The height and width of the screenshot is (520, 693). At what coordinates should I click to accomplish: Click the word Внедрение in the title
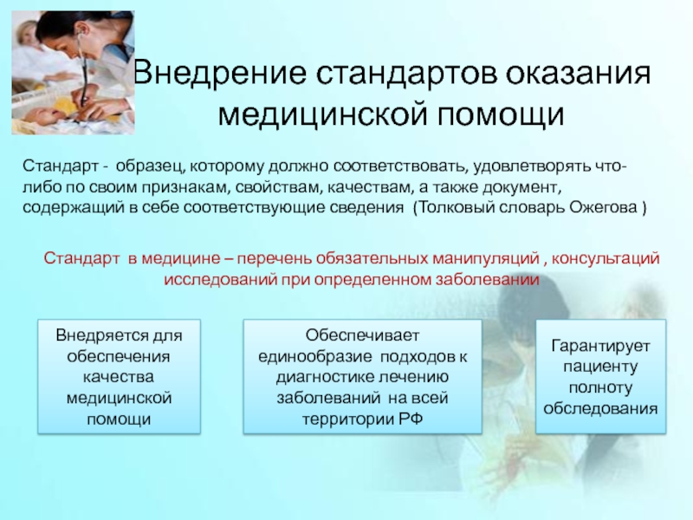(220, 73)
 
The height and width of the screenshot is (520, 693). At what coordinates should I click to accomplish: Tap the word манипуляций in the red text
(486, 258)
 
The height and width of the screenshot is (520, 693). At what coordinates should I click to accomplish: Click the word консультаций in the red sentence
(606, 258)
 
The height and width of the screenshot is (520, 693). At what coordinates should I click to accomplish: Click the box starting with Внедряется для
(119, 376)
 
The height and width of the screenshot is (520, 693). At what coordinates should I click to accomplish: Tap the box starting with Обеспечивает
(362, 376)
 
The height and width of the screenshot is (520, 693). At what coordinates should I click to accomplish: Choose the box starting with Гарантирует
(600, 376)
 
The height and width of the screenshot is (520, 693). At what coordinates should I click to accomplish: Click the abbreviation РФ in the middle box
(411, 419)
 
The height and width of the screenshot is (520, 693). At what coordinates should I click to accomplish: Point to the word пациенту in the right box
(600, 367)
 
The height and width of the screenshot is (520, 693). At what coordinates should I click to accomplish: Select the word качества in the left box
(119, 377)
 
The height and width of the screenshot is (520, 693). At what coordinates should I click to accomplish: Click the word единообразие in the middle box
(314, 356)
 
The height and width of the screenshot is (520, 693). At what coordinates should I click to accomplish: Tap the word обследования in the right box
(600, 408)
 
